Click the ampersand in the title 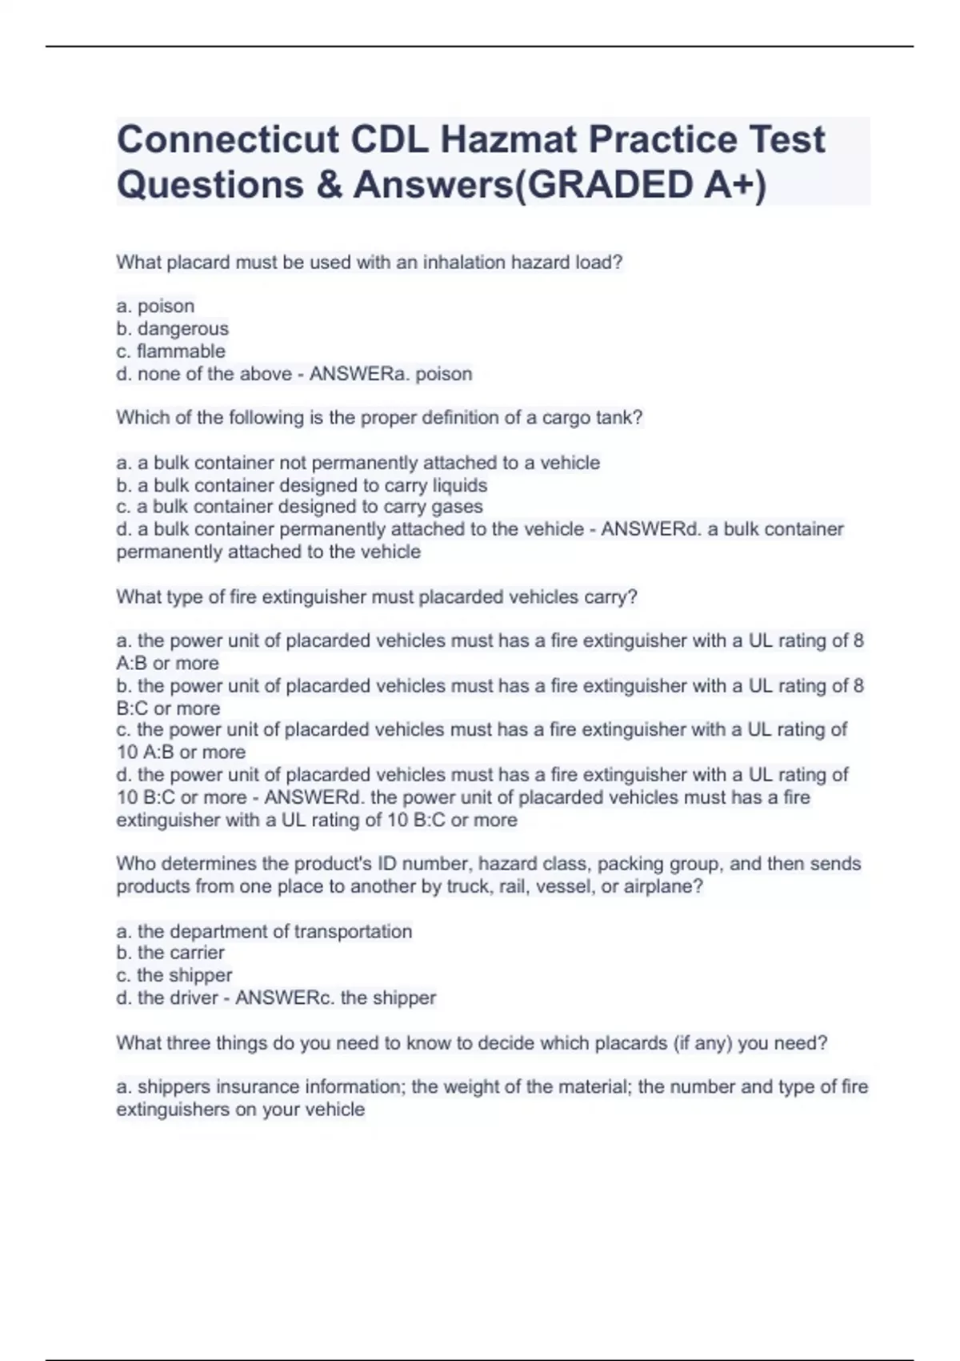pyautogui.click(x=328, y=185)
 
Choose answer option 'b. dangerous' pyautogui.click(x=172, y=328)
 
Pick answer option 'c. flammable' pyautogui.click(x=170, y=351)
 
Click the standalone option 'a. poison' pyautogui.click(x=155, y=306)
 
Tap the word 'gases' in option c pyautogui.click(x=457, y=507)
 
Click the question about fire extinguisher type pyautogui.click(x=376, y=596)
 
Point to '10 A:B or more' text pyautogui.click(x=181, y=752)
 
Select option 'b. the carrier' pyautogui.click(x=170, y=953)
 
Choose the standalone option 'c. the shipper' pyautogui.click(x=174, y=975)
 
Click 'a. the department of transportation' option pyautogui.click(x=264, y=931)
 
